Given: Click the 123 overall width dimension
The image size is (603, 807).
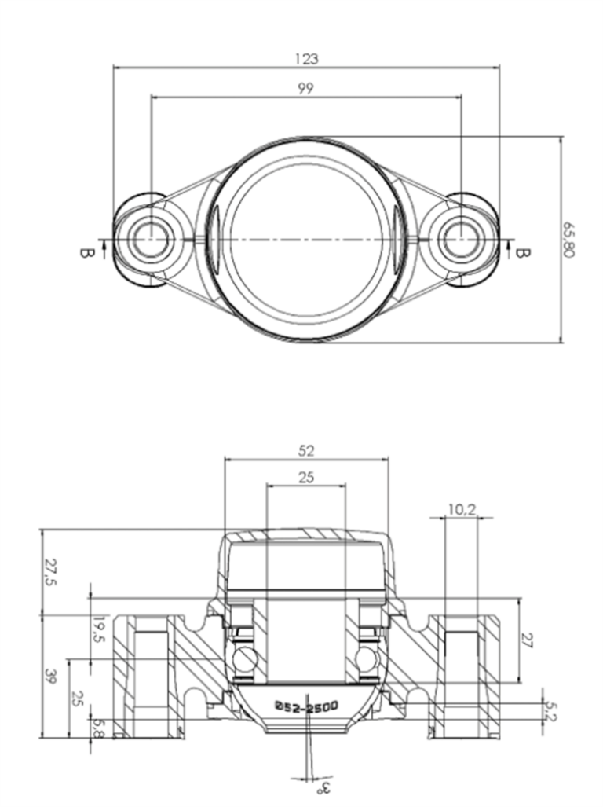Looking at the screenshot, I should tap(305, 59).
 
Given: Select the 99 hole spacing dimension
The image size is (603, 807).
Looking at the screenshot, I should tap(305, 89).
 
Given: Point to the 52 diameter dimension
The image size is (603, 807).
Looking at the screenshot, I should tap(306, 451).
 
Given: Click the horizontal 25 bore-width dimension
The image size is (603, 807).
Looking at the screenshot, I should tap(306, 478).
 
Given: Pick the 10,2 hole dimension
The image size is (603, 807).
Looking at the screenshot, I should tap(461, 510).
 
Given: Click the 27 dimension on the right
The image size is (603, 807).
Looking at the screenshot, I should tap(528, 640).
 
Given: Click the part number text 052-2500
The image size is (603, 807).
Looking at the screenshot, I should tap(306, 706).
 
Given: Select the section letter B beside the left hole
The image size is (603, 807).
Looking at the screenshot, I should tap(86, 253).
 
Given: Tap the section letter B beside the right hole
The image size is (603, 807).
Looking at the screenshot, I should tap(524, 253).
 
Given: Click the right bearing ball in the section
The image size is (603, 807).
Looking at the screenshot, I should tap(365, 656).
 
